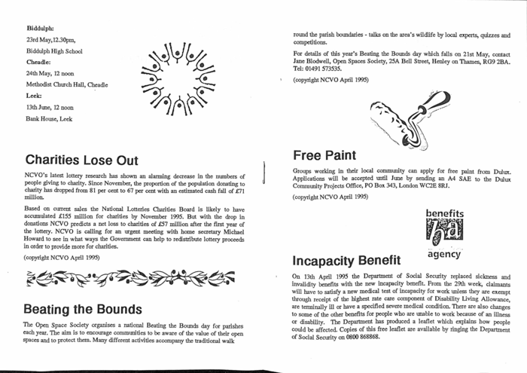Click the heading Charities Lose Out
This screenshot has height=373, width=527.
pyautogui.click(x=82, y=160)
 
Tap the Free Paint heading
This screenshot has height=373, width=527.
pyautogui.click(x=324, y=155)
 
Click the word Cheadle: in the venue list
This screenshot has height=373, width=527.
pyautogui.click(x=38, y=64)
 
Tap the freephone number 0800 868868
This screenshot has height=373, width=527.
pyautogui.click(x=359, y=336)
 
